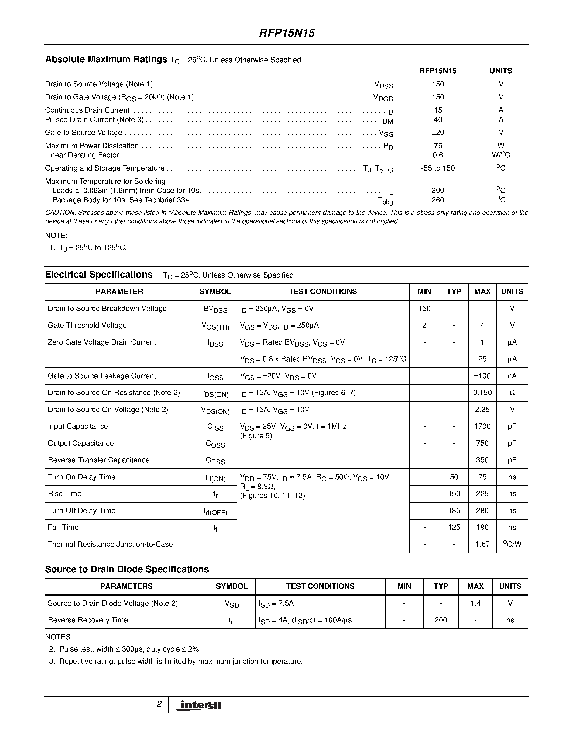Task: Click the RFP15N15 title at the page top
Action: pos(287,33)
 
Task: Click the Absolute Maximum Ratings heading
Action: pos(106,59)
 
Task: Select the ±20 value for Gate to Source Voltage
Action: pos(438,133)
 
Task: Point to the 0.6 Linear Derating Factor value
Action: pos(438,155)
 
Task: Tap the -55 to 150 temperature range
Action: pos(438,168)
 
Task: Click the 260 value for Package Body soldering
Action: pos(438,200)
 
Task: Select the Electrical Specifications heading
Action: pos(99,275)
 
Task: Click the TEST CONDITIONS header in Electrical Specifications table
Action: pos(322,292)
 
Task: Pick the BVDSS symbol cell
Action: pos(215,309)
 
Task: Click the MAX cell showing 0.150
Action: pos(482,393)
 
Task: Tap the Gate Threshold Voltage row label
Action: pos(87,326)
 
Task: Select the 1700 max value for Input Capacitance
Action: pos(482,427)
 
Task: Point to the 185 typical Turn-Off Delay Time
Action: pos(454,511)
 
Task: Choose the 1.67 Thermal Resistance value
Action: pos(482,544)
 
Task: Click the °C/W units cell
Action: pos(512,544)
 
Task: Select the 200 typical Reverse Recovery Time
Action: pos(441,620)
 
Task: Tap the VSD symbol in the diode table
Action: pos(232,604)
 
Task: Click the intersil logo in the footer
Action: pos(198,705)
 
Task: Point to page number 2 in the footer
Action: pos(159,704)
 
